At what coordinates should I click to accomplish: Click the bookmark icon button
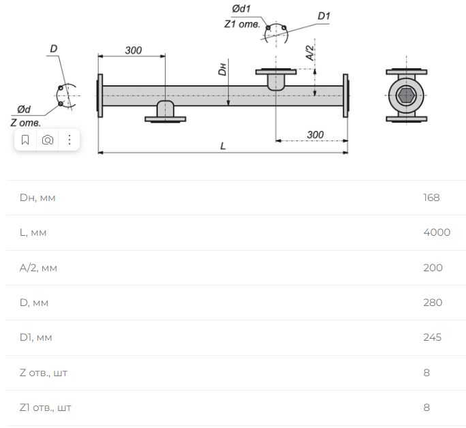coord(25,140)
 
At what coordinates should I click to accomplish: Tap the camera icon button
coord(48,140)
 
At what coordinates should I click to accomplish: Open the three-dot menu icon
coord(69,140)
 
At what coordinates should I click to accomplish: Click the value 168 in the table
coord(431,198)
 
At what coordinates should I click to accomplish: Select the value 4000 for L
coord(437,232)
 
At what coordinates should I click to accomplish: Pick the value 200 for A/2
coord(433,267)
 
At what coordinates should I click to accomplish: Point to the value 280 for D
coord(433,303)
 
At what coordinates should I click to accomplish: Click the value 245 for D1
coord(433,337)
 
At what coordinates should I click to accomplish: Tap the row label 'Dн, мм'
coord(37,198)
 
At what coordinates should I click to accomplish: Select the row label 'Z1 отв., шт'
coord(46,408)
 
